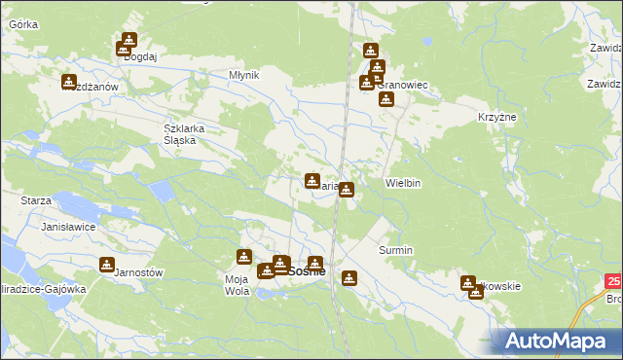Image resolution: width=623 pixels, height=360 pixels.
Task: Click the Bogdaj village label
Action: pos(141,57)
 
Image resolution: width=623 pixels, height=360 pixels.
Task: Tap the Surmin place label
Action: pos(395,250)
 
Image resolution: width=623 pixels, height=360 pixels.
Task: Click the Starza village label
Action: pos(36,199)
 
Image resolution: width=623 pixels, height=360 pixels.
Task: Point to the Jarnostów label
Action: pos(137,272)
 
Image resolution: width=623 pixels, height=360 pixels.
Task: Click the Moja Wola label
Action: pos(238,285)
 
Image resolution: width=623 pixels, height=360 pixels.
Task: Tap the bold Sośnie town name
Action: pos(306,271)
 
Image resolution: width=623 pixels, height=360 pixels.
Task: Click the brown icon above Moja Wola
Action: pos(243,257)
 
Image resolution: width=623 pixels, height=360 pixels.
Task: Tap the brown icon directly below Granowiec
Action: pos(385,98)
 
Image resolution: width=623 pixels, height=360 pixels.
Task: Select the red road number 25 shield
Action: pos(612,281)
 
